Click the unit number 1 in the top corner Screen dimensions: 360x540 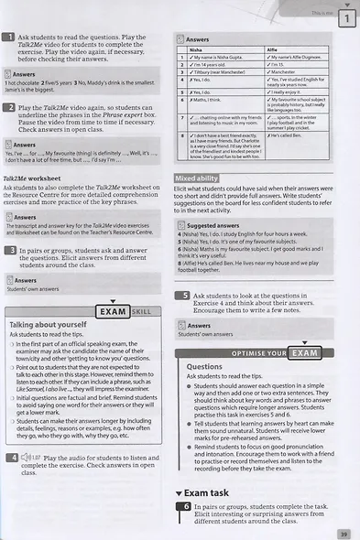[345, 18]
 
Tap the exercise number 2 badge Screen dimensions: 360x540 [10, 108]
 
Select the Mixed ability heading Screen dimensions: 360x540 [197, 178]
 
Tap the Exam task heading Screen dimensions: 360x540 [210, 492]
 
